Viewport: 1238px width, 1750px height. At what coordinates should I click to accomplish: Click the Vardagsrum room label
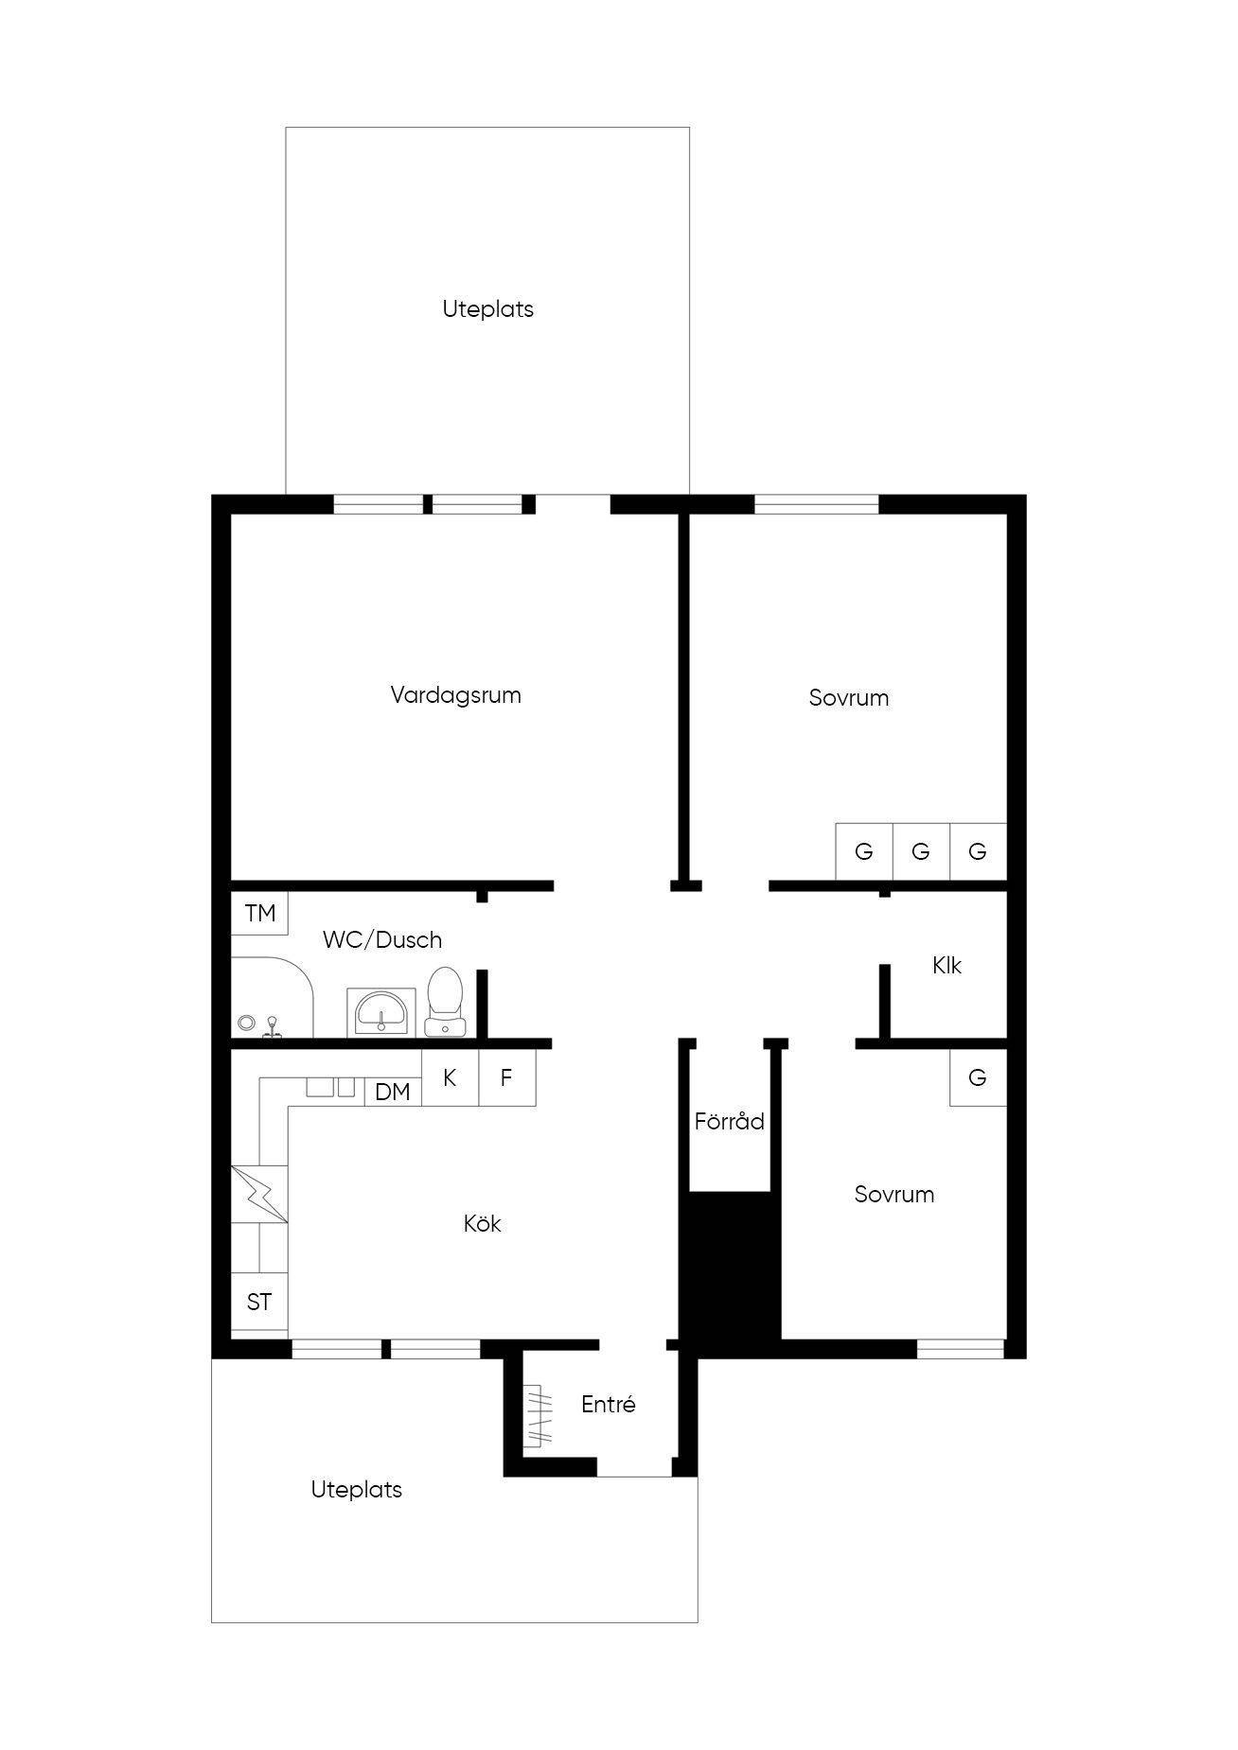click(x=455, y=695)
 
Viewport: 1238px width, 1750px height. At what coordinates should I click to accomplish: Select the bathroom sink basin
click(x=381, y=1012)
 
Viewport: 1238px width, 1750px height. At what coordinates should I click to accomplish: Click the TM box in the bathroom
click(x=260, y=913)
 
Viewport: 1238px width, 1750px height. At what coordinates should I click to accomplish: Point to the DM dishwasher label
click(x=393, y=1093)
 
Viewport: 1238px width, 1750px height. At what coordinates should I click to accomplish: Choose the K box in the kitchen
click(x=450, y=1077)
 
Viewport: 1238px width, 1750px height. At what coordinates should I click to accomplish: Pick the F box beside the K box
click(x=507, y=1077)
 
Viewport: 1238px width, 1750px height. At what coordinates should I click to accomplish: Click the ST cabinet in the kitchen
click(x=259, y=1303)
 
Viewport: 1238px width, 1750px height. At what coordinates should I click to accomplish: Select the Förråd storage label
click(x=729, y=1122)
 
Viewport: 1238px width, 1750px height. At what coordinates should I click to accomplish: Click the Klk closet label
click(x=946, y=966)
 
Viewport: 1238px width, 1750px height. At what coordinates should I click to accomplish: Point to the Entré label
click(x=608, y=1405)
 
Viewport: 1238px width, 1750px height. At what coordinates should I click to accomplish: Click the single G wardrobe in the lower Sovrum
click(x=978, y=1077)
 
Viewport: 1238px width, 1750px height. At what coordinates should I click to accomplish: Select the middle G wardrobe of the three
click(x=921, y=851)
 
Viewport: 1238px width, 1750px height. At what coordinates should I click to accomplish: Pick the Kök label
click(x=482, y=1223)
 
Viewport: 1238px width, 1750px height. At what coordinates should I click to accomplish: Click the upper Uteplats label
click(x=487, y=309)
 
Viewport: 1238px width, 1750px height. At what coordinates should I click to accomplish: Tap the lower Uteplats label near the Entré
click(x=357, y=1490)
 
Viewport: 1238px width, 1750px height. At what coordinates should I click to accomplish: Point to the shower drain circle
click(x=246, y=1023)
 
